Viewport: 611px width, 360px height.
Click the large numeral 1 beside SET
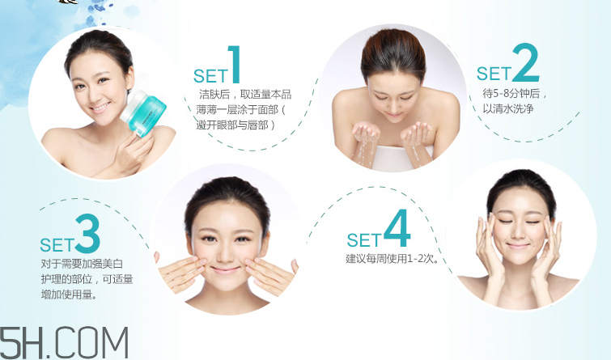click(235, 66)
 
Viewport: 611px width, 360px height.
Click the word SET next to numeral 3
click(57, 244)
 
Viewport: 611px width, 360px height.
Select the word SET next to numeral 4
click(363, 240)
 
